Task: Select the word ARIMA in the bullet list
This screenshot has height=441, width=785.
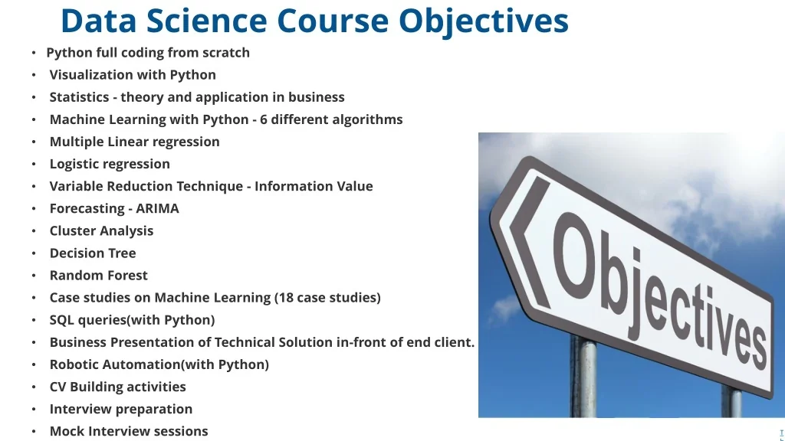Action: point(157,208)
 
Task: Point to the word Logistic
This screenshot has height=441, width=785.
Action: point(78,164)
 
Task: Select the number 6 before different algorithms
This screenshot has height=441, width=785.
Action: point(264,119)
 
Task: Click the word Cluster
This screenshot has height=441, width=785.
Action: point(74,230)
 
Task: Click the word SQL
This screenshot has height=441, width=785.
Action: point(63,319)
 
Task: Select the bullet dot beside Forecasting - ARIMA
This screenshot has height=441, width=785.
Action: point(34,209)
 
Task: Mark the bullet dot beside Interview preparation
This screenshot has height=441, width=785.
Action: point(34,410)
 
